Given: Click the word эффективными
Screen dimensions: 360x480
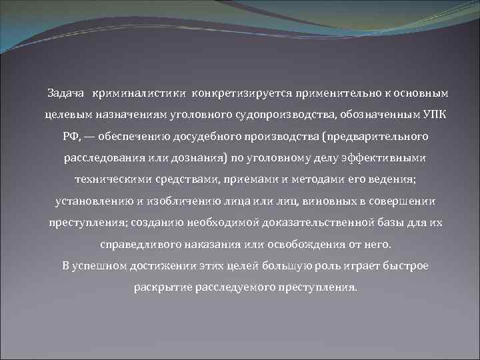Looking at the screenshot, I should (386, 158).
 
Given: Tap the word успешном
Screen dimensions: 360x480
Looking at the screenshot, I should (105, 266).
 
